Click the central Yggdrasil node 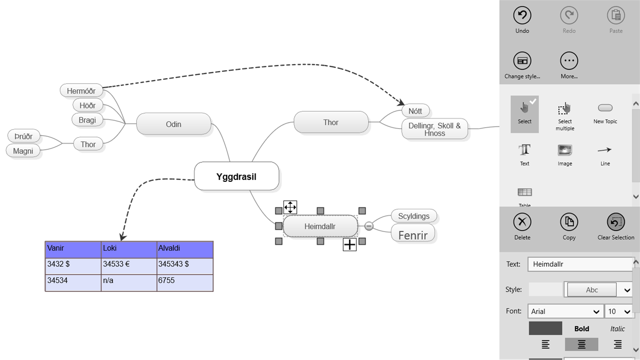[x=236, y=176]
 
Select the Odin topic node [x=173, y=124]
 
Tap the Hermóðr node [x=81, y=91]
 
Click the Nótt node [x=415, y=111]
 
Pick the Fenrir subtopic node [x=413, y=235]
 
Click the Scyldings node [x=414, y=216]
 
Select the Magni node [x=23, y=151]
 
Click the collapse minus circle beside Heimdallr [x=369, y=226]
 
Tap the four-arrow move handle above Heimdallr [x=290, y=207]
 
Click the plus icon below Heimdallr [x=350, y=244]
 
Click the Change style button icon [x=522, y=61]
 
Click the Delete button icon [x=522, y=222]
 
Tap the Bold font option [x=581, y=329]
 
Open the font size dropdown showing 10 [x=619, y=312]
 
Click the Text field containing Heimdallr [x=580, y=264]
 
